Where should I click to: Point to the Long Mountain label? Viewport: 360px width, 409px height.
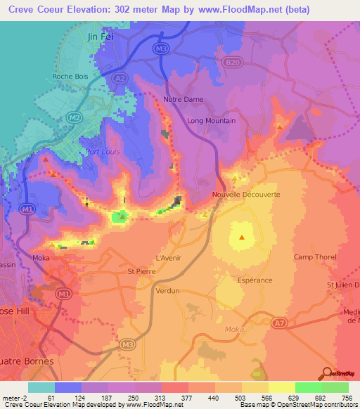pyautogui.click(x=211, y=121)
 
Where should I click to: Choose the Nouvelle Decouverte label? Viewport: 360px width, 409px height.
pyautogui.click(x=246, y=195)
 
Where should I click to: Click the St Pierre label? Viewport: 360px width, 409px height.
pyautogui.click(x=140, y=271)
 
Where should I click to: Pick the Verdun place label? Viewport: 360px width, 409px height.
pyautogui.click(x=168, y=290)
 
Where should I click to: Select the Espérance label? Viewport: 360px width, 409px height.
pyautogui.click(x=255, y=280)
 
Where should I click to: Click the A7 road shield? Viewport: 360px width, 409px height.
pyautogui.click(x=281, y=323)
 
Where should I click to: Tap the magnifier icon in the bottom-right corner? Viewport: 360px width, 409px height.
pyautogui.click(x=326, y=373)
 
